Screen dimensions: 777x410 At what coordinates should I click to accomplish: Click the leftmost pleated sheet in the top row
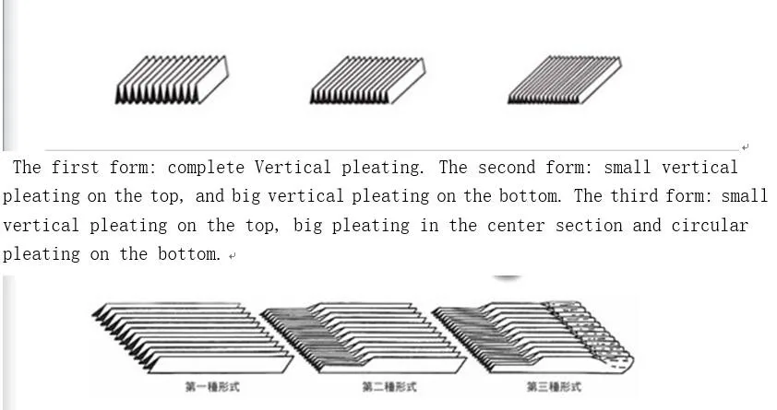[172, 80]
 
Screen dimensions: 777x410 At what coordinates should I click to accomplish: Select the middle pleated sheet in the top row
[367, 81]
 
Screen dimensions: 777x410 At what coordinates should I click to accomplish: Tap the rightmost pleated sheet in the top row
[564, 80]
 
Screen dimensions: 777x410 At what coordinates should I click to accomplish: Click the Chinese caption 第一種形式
[211, 387]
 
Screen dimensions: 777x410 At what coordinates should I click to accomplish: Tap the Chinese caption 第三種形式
[554, 387]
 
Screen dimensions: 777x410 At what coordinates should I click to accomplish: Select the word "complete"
[206, 168]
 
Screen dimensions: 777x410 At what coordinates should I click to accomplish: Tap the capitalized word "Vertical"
[293, 168]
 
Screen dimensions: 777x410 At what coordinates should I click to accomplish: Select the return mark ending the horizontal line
[745, 146]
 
